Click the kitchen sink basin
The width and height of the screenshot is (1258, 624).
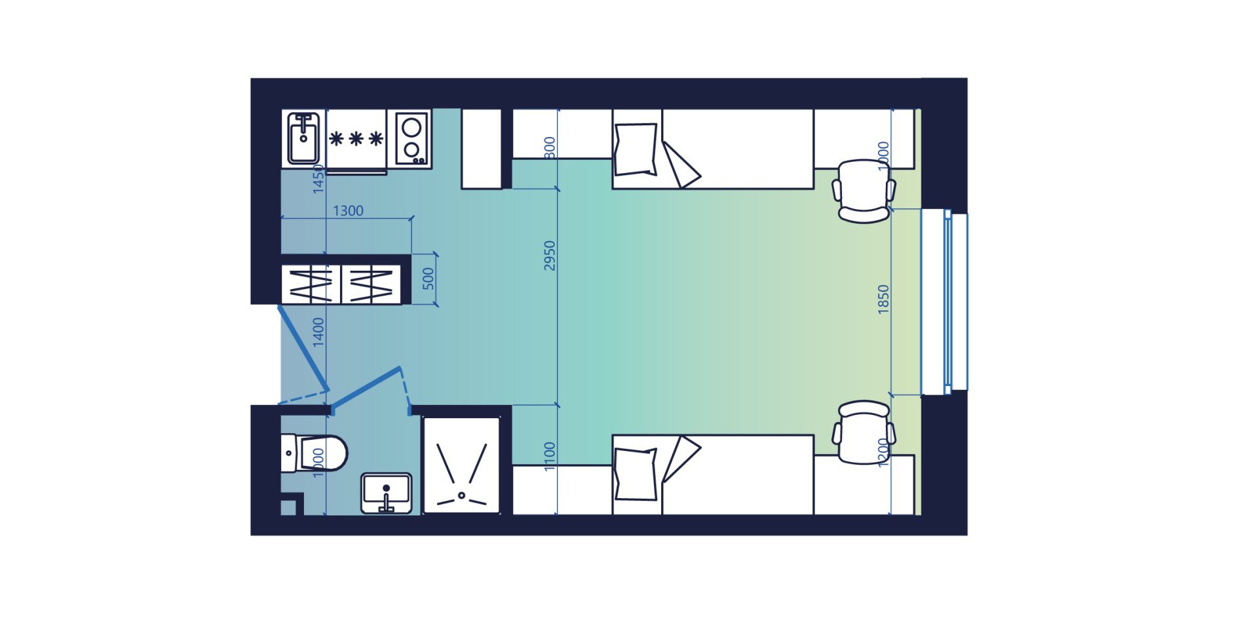(x=303, y=138)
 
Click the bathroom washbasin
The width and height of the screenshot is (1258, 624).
(x=387, y=493)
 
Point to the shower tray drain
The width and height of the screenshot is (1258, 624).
(x=461, y=495)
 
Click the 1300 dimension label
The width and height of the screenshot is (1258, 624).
(x=348, y=210)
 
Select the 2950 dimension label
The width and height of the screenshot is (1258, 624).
(x=550, y=256)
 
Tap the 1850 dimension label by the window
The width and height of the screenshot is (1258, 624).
(x=883, y=299)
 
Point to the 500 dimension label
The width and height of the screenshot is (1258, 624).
(x=428, y=279)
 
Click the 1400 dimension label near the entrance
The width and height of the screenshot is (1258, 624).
(x=318, y=332)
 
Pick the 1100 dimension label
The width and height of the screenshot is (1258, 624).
(x=550, y=456)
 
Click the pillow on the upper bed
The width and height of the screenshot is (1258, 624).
(x=636, y=149)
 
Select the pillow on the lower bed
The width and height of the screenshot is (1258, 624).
(x=636, y=474)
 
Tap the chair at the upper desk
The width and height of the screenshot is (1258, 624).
(x=864, y=191)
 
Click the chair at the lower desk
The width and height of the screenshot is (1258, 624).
(x=864, y=433)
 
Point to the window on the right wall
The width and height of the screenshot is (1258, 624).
(x=944, y=302)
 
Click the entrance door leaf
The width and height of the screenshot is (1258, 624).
(x=302, y=347)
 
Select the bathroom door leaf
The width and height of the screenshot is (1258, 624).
(x=366, y=390)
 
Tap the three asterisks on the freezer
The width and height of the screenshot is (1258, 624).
(x=356, y=138)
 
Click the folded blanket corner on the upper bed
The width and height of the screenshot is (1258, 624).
(x=681, y=164)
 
